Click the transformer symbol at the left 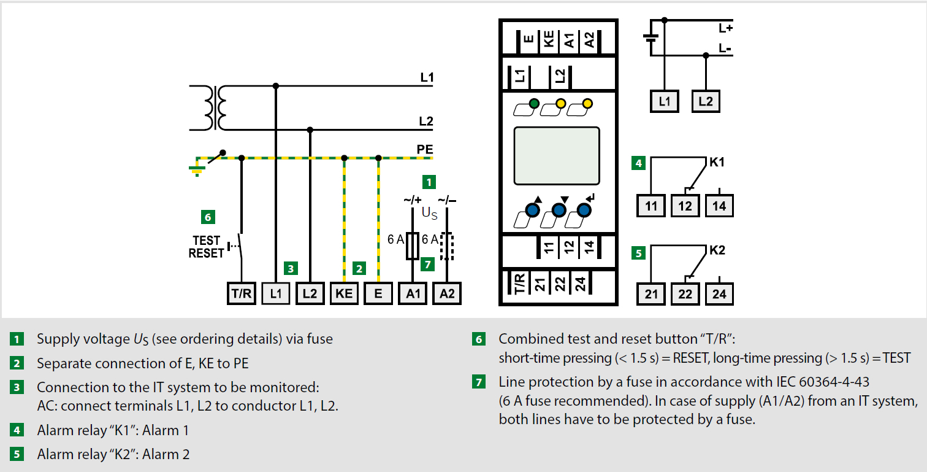click(x=215, y=108)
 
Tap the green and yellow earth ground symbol click(x=197, y=170)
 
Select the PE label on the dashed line click(x=425, y=149)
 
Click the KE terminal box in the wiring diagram click(x=344, y=293)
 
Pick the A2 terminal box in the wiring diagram click(x=447, y=293)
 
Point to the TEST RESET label click(x=206, y=247)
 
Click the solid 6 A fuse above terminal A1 click(x=412, y=246)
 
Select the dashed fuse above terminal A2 click(x=447, y=246)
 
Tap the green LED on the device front click(x=534, y=103)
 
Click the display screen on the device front click(x=557, y=156)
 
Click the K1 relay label click(x=717, y=162)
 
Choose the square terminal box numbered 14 click(x=719, y=206)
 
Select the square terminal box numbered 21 click(x=651, y=294)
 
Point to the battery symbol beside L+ click(x=650, y=37)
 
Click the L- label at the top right click(x=725, y=48)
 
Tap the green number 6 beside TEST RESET click(x=208, y=217)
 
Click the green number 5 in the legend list click(x=17, y=454)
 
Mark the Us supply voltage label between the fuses click(x=429, y=213)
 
